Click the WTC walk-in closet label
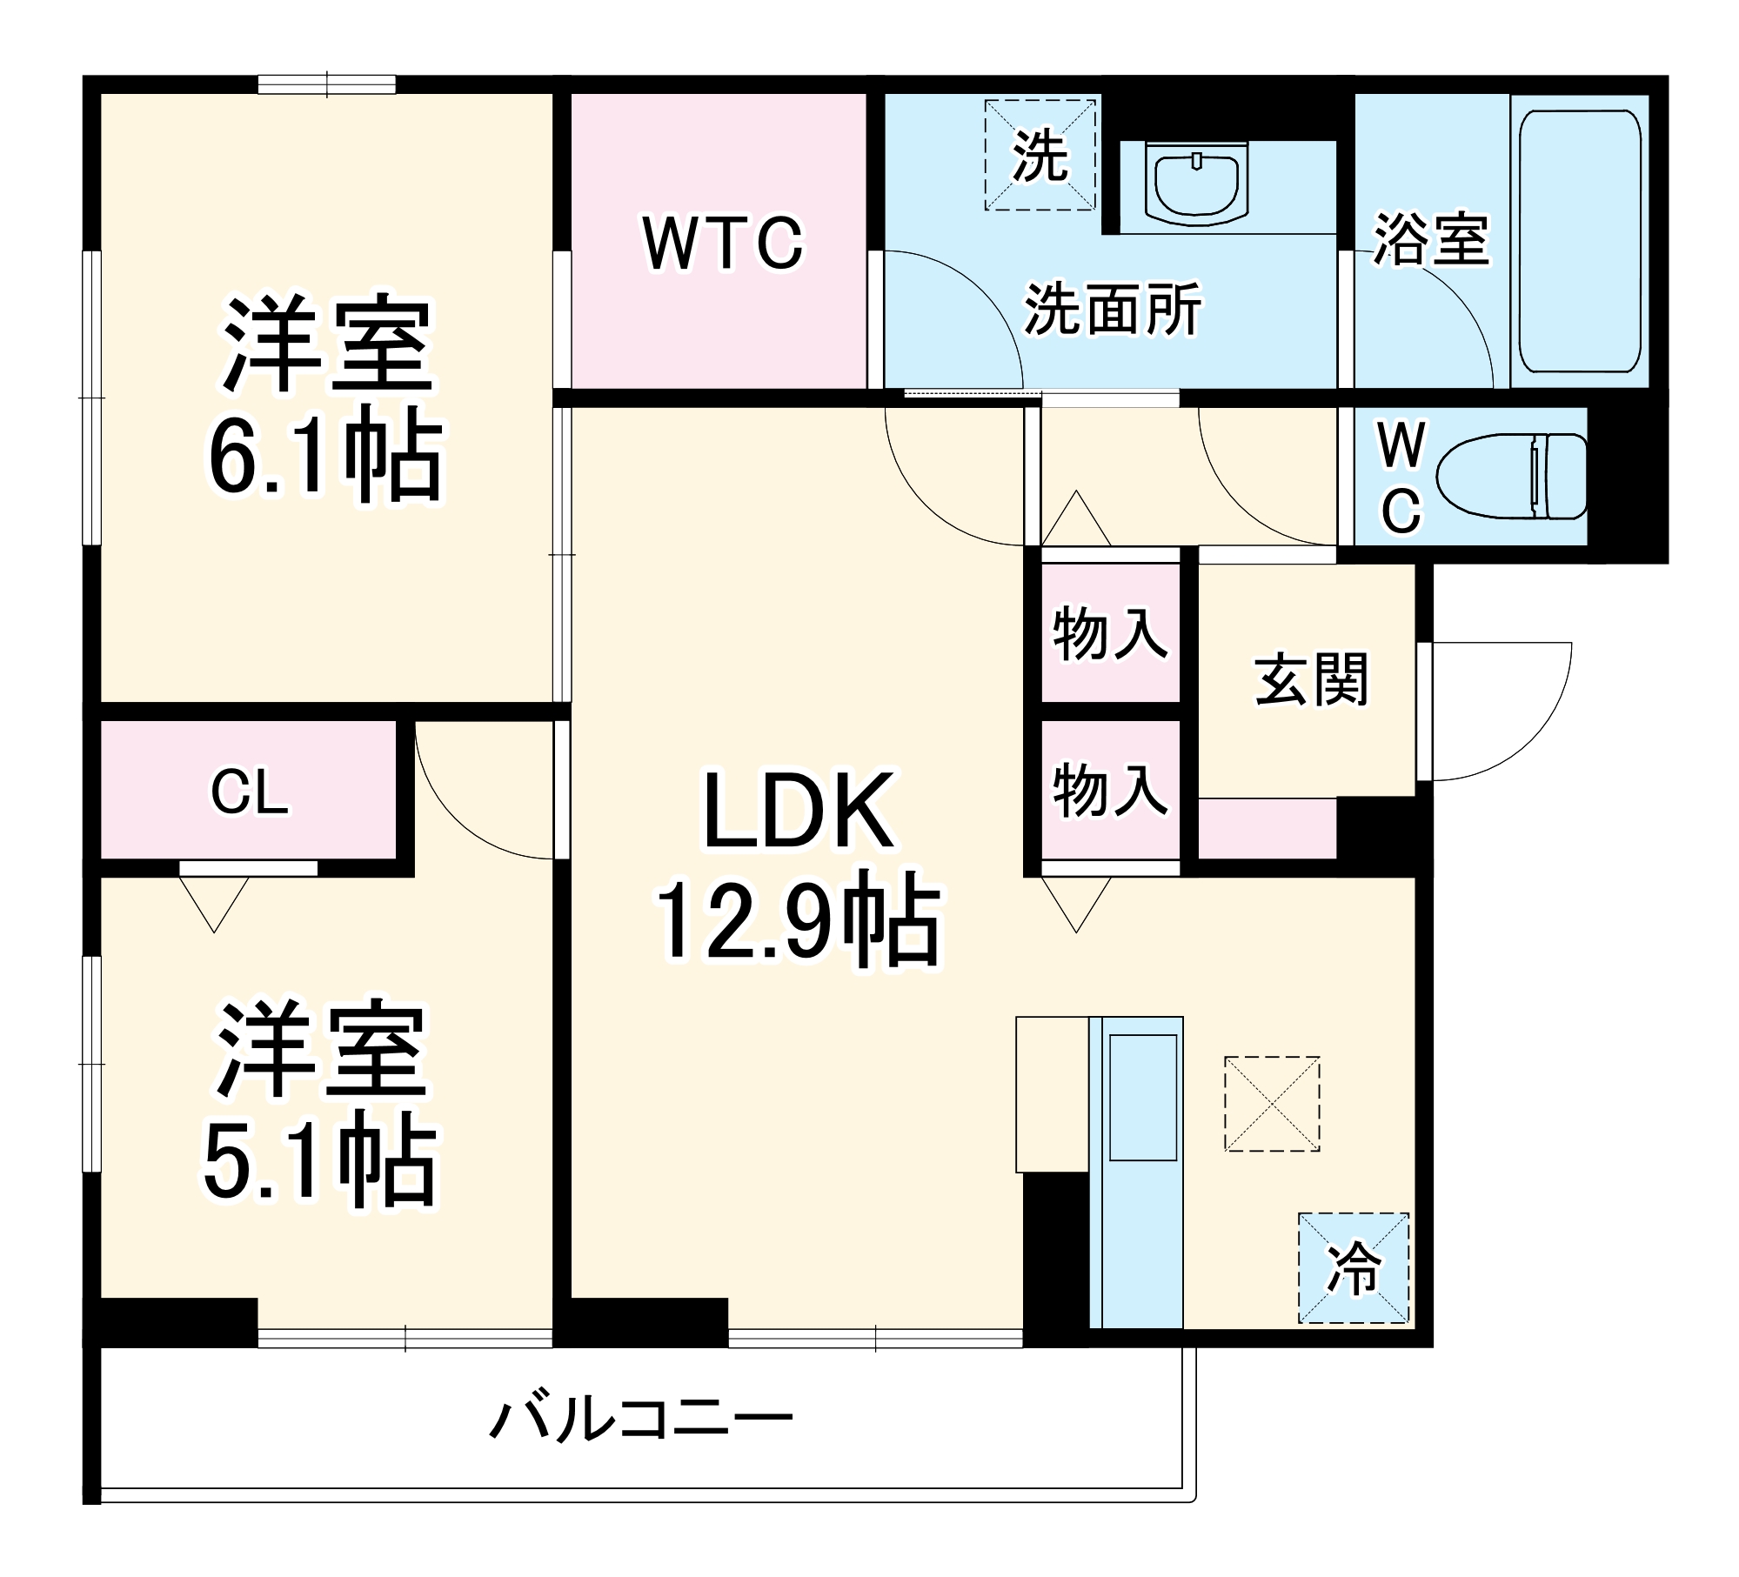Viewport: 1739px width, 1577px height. point(723,244)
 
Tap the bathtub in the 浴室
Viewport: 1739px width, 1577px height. point(1579,242)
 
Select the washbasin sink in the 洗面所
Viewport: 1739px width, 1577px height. point(1196,185)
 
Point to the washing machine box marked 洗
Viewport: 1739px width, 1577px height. point(1040,155)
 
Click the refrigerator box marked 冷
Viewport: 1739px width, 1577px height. point(1353,1267)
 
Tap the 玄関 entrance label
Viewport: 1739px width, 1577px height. point(1311,679)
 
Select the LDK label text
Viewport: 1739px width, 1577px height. point(798,812)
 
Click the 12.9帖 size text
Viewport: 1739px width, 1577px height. point(798,923)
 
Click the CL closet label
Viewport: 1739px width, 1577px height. point(250,793)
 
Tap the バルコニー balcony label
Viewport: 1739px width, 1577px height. point(641,1421)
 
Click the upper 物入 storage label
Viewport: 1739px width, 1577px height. point(1109,634)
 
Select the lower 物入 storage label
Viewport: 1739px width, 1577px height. point(1109,791)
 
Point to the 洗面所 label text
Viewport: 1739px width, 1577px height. point(1113,309)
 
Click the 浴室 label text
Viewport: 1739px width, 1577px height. point(1431,238)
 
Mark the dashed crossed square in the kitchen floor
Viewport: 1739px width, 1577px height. point(1271,1104)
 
